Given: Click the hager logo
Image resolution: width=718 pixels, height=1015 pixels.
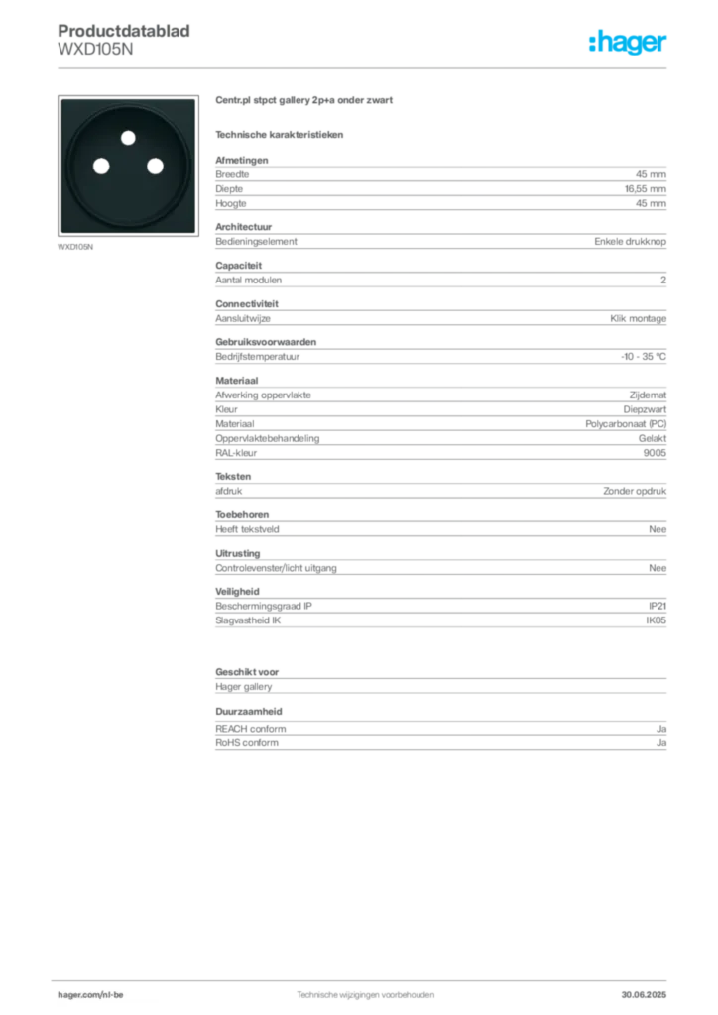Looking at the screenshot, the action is [628, 42].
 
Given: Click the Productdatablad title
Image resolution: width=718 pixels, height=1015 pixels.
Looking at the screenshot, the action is [124, 31].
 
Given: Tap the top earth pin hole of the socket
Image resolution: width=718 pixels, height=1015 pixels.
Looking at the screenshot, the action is [128, 137].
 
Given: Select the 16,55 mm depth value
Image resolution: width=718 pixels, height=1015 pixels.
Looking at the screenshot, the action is [645, 189].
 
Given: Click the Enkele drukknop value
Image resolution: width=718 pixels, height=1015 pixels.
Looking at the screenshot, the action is [630, 242].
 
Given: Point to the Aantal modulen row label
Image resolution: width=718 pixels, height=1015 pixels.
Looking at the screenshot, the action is [249, 281].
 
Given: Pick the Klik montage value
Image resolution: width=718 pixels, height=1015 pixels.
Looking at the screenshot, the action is [638, 318].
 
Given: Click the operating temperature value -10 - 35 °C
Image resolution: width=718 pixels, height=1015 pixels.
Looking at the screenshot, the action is [643, 357].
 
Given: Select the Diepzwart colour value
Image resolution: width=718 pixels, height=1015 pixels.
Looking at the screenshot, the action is [645, 409].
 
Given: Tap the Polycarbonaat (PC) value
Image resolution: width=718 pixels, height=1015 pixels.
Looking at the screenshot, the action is [626, 424].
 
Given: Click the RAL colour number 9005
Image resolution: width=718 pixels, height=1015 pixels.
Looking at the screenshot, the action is [655, 453].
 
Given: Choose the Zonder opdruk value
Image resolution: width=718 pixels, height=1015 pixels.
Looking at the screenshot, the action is [635, 491].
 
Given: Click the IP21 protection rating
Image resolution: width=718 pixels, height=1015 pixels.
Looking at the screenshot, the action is [658, 606].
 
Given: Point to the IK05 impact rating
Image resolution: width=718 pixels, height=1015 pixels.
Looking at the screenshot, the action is [656, 620].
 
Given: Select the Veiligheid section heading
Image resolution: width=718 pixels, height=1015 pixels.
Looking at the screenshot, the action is [237, 592].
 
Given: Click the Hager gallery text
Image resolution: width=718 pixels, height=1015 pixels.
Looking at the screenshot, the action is [243, 687].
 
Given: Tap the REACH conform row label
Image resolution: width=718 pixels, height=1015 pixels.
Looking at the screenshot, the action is [251, 729].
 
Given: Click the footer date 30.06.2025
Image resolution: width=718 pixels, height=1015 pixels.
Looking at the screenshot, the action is [644, 995].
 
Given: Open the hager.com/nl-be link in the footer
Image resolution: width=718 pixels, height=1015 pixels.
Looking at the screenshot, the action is [90, 995].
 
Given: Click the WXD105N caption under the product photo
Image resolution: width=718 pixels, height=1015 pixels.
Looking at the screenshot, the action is [75, 247].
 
